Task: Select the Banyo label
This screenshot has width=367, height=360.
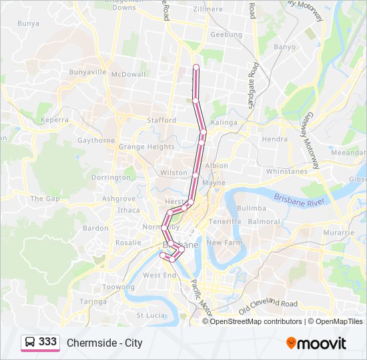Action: [x=284, y=47]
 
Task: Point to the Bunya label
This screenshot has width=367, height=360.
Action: [x=28, y=23]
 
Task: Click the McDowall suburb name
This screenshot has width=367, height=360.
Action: [x=128, y=74]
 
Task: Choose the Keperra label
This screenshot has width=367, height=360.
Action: [x=55, y=120]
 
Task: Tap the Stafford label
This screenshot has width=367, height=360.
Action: [x=161, y=121]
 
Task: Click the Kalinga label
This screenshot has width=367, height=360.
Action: [x=224, y=123]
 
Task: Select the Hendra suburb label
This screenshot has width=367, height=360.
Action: [x=275, y=139]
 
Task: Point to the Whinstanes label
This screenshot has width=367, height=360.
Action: [x=287, y=171]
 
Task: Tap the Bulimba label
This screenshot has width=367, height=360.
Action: [x=252, y=208]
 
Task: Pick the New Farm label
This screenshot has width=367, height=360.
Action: [x=223, y=243]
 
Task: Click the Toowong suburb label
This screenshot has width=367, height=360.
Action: [x=117, y=287]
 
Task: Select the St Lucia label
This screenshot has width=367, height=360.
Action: [x=151, y=315]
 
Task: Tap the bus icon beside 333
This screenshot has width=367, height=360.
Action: [x=30, y=343]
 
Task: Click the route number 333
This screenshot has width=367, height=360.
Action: [x=48, y=342]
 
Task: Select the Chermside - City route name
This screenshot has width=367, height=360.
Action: [x=105, y=343]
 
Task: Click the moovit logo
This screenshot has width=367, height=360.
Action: [x=316, y=343]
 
